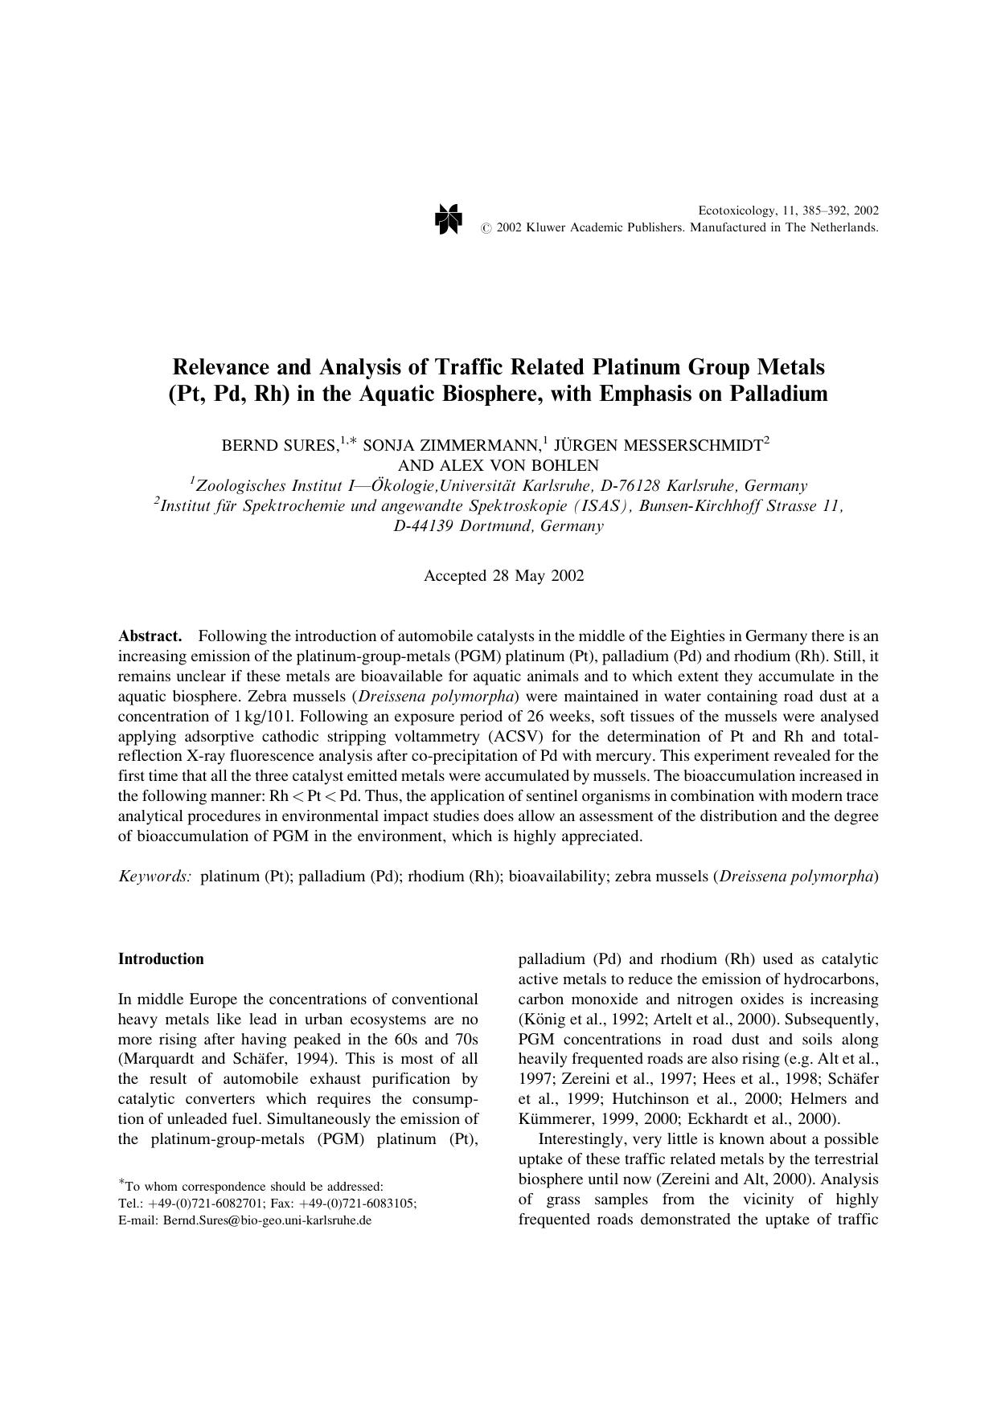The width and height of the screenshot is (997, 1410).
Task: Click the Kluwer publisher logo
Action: tap(449, 219)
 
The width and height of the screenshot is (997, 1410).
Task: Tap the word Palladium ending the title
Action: tap(778, 394)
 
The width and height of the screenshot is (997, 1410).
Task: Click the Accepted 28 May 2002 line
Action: tap(504, 575)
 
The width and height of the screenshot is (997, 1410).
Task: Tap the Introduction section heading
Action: tap(161, 958)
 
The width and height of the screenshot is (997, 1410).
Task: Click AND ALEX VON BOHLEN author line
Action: tap(498, 465)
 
